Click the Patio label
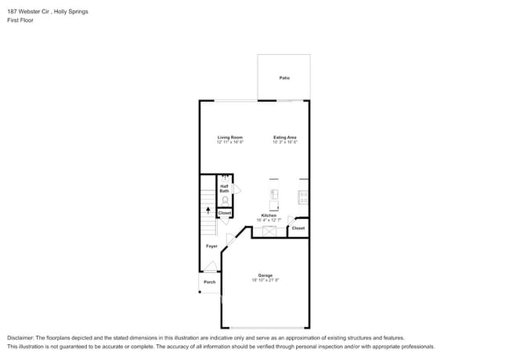(283, 78)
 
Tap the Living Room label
(230, 138)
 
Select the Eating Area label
(284, 138)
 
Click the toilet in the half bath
(225, 200)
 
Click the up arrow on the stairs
(208, 210)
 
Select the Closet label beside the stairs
(225, 213)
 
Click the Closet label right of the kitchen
(298, 228)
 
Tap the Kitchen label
(269, 215)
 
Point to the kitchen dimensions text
(269, 220)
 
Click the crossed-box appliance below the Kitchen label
(270, 230)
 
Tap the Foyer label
(211, 247)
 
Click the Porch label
(209, 282)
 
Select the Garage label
(265, 275)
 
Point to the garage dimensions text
(265, 280)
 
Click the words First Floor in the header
(19, 20)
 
